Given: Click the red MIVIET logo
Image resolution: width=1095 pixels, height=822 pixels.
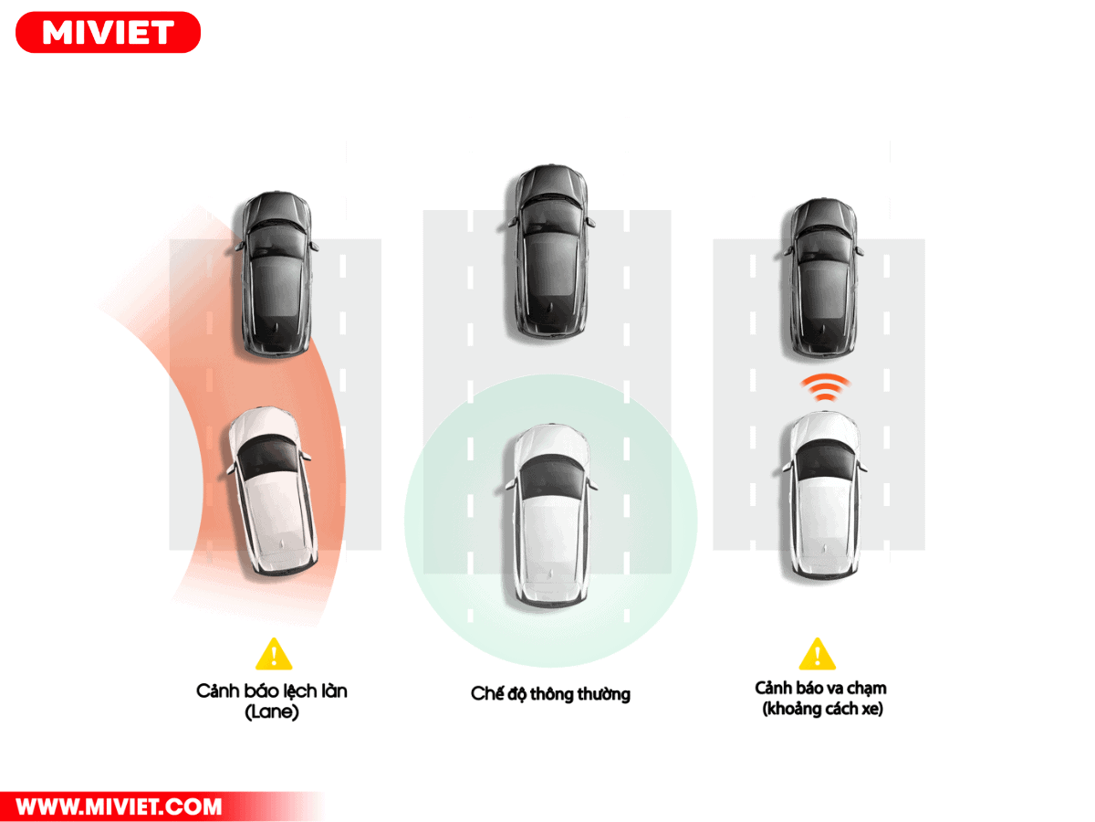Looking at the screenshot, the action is click(x=108, y=33).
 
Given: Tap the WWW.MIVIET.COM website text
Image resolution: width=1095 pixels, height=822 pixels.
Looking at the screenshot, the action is click(x=119, y=806).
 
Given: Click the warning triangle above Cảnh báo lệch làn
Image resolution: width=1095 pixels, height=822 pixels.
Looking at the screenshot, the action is click(x=274, y=654).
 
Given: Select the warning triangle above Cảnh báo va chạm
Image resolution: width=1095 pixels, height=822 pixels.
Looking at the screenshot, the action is click(x=817, y=654).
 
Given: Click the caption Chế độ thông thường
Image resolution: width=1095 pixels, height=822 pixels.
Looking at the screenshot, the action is click(x=550, y=694).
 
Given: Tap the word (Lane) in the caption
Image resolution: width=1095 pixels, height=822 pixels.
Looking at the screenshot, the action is click(x=272, y=711).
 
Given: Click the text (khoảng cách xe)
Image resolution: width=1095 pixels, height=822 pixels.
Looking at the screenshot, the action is click(x=822, y=709).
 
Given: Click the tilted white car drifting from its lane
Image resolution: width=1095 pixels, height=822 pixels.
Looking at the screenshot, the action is click(x=270, y=492).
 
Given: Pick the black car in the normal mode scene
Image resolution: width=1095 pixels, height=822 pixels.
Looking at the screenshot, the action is click(x=550, y=253).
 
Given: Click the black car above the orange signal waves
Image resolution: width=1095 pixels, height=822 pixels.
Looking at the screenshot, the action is click(x=824, y=277).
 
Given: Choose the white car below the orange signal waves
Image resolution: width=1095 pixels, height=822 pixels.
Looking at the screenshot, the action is click(x=824, y=494).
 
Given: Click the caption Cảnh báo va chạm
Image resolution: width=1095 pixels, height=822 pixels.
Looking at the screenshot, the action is click(x=820, y=688).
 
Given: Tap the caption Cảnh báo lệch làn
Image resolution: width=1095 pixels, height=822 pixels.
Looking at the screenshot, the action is click(x=272, y=690).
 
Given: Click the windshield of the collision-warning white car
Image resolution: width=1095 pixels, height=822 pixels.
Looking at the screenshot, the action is click(x=825, y=460).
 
